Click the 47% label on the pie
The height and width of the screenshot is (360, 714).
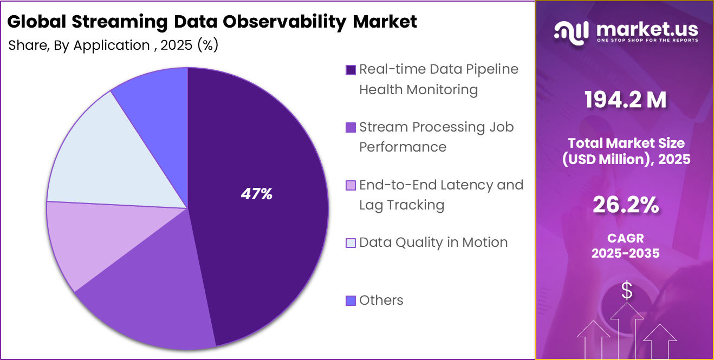coord(256,194)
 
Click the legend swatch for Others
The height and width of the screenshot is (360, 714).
coord(350,300)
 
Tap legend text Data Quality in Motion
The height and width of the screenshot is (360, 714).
coord(433,242)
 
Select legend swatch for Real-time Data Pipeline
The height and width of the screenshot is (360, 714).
coord(350,70)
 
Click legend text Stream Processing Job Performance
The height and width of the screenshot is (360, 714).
coord(436,136)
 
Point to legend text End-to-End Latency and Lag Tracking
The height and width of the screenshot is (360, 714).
coord(441,194)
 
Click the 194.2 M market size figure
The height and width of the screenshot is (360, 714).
coord(626,101)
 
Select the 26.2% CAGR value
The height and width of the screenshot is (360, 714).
coord(626,205)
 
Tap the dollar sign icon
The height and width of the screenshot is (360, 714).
coord(627,291)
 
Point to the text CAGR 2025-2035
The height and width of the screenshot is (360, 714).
coord(626,245)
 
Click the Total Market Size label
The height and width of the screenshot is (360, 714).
coord(626,150)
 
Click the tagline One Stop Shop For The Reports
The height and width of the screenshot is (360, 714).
coord(647,41)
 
